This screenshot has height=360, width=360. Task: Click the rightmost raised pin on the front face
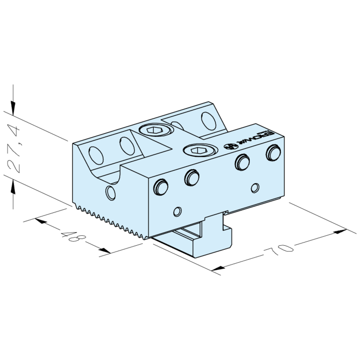click(272, 152)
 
